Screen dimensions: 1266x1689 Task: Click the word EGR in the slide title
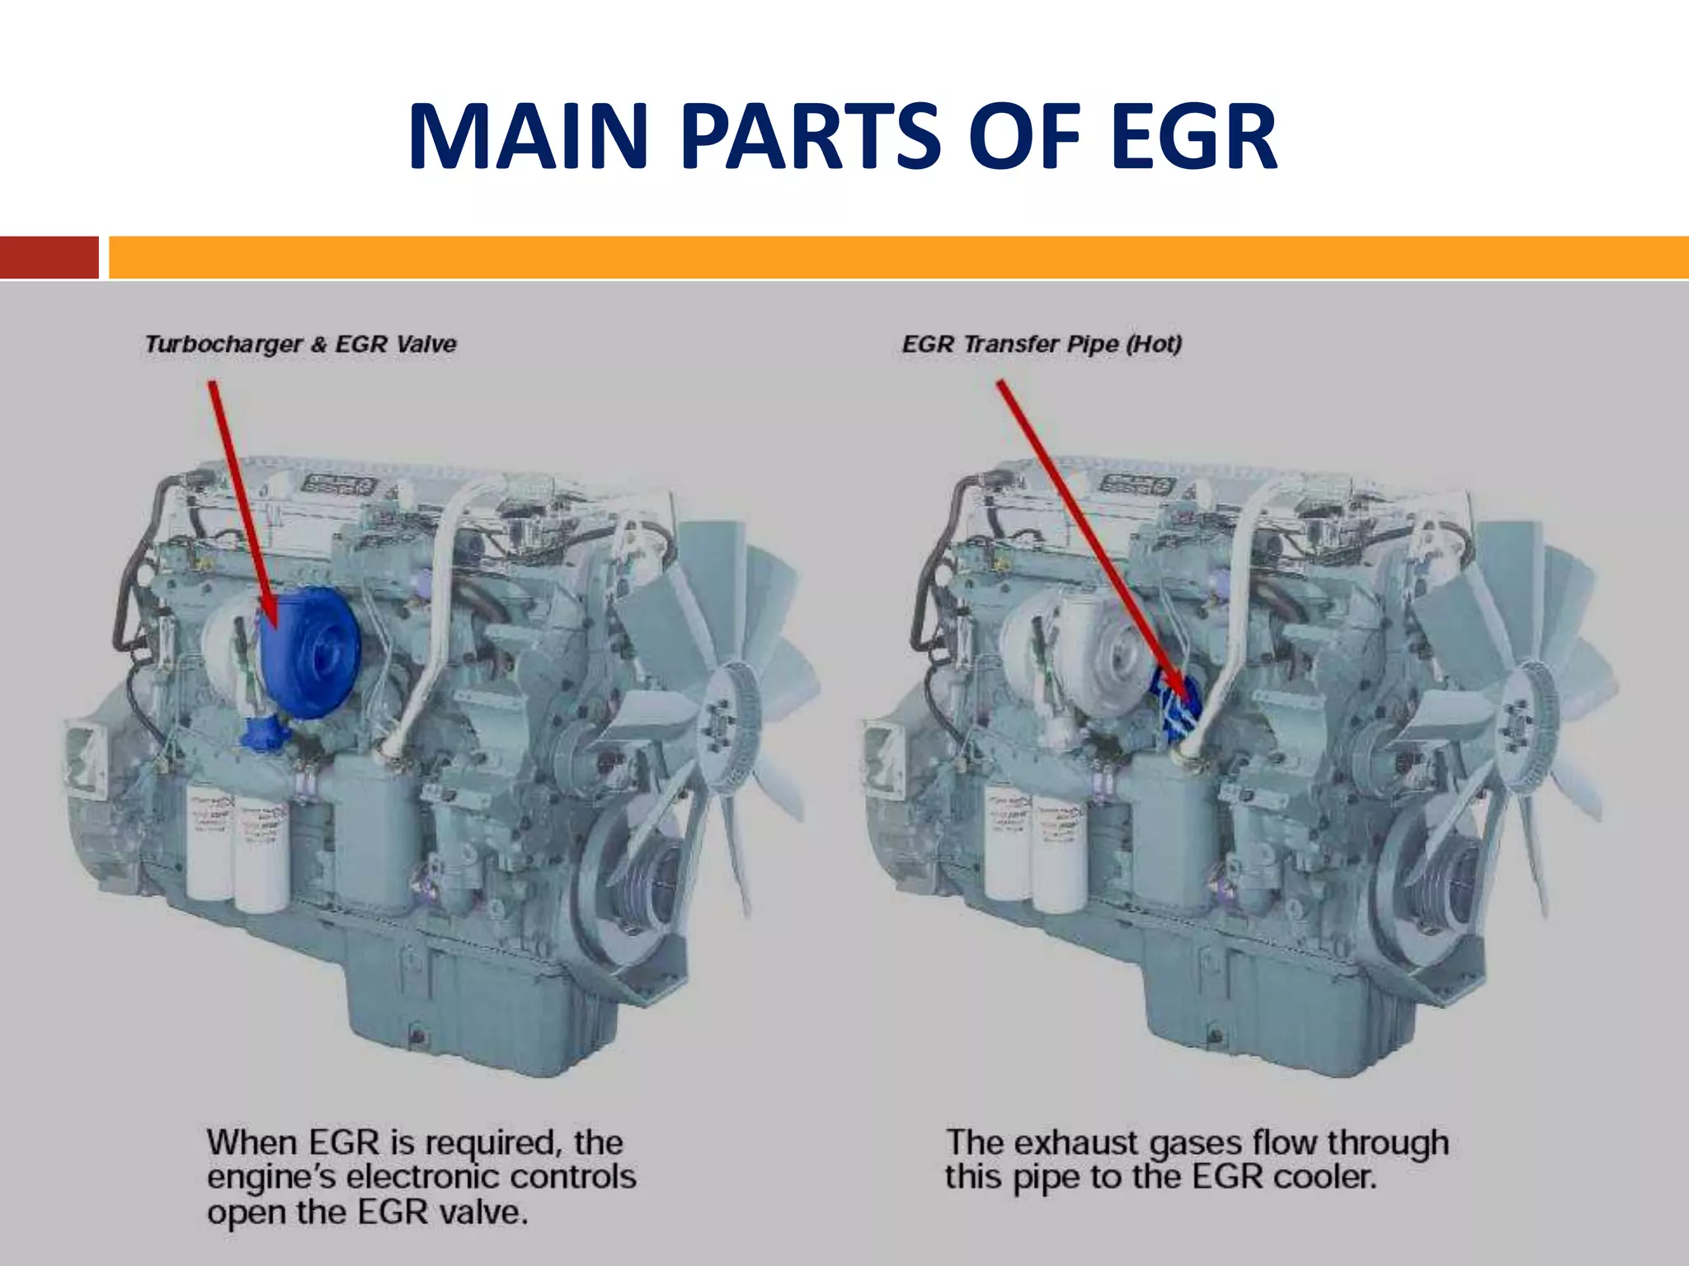click(x=1193, y=137)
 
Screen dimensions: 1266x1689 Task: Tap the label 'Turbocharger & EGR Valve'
click(x=300, y=345)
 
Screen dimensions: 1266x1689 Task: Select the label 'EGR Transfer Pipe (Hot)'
click(x=1042, y=345)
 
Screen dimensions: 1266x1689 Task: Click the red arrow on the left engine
click(x=242, y=503)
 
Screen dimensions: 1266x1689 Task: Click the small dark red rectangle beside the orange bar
click(x=49, y=257)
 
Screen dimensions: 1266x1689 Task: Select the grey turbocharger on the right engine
click(x=1064, y=651)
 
